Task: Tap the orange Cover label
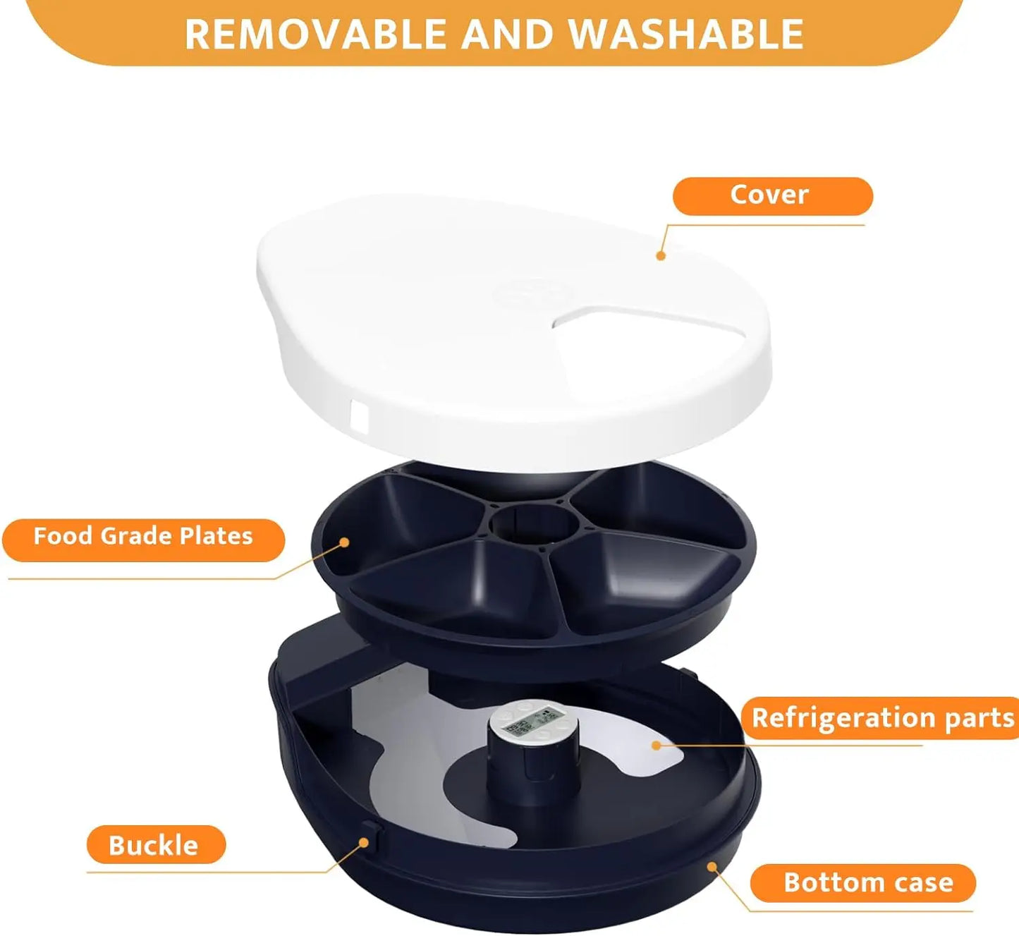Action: coord(771,195)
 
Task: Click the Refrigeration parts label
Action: coord(881,718)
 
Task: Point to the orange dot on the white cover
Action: coord(661,255)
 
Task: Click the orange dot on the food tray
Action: coord(344,542)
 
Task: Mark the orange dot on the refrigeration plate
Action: coord(657,745)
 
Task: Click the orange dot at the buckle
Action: coord(364,842)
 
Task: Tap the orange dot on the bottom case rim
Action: coord(713,866)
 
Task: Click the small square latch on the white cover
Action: coord(359,418)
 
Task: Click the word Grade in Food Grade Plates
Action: coord(138,537)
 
